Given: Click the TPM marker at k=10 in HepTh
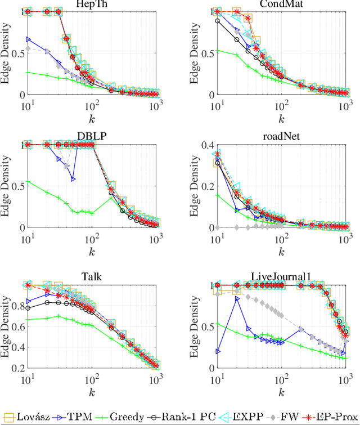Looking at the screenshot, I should [28, 39].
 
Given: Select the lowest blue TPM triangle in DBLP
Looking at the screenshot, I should [73, 179].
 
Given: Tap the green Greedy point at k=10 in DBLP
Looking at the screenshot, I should [28, 182].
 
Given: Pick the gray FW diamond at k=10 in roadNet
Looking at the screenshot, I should [217, 227].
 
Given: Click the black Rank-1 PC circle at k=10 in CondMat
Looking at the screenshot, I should [217, 21].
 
